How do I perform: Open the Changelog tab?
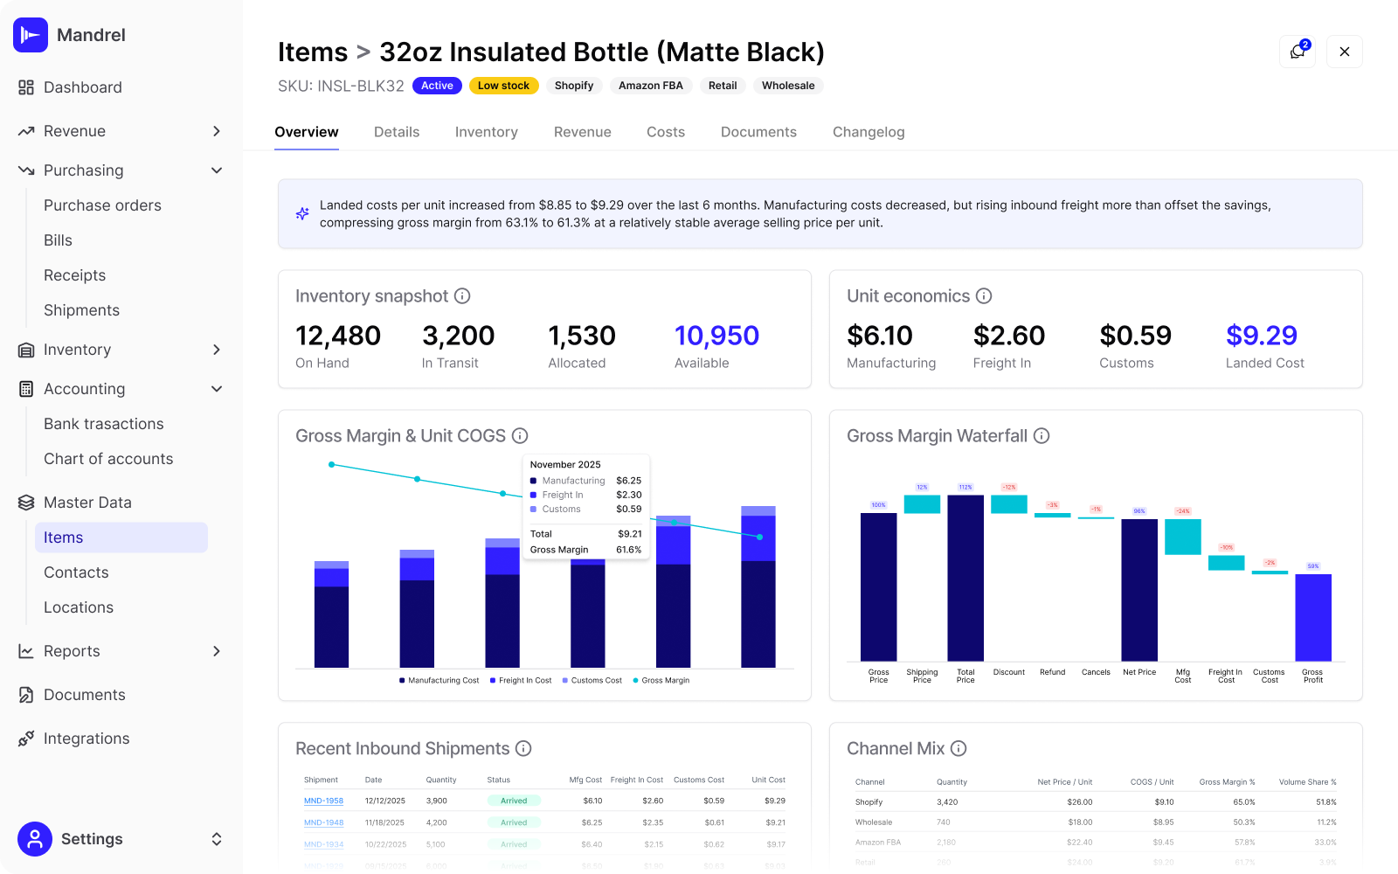tap(868, 132)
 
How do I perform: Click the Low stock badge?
tap(503, 86)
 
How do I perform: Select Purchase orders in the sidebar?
tap(102, 205)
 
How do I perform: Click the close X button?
tap(1344, 52)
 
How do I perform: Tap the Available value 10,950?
tap(716, 336)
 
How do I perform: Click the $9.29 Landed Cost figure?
tap(1261, 336)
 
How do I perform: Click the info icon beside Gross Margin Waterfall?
tap(1042, 436)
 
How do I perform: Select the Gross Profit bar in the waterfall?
tap(1312, 617)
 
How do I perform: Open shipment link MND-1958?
tap(323, 801)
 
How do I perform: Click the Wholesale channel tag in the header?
tap(787, 86)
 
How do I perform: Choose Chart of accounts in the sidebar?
tap(108, 459)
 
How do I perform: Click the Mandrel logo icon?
tap(31, 35)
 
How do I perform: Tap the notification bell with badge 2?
tap(1297, 52)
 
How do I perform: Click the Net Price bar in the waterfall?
tap(1138, 590)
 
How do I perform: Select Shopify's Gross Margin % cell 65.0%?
tap(1243, 801)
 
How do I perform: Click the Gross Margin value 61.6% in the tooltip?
tap(628, 550)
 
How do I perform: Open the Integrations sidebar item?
tap(87, 739)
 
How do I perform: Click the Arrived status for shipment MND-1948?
tap(514, 822)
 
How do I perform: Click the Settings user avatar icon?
tap(35, 839)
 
